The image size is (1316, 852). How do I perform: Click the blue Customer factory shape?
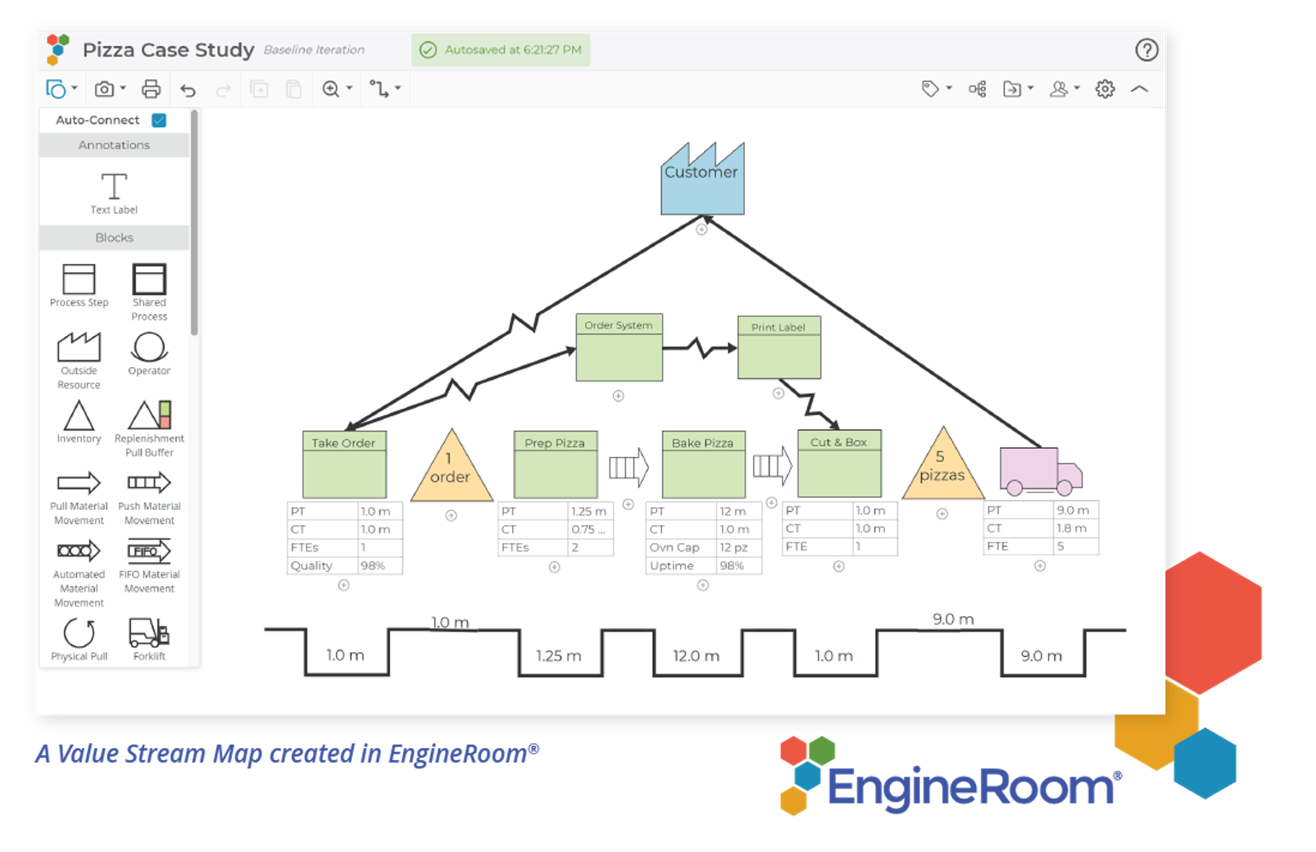tap(702, 182)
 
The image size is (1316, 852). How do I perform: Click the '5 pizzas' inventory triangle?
tap(942, 469)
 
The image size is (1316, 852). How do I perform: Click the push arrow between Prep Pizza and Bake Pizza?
tap(629, 468)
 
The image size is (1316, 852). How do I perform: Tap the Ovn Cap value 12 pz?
tap(734, 547)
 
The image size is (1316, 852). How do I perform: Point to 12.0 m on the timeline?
tap(696, 656)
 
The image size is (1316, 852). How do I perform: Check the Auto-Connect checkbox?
tap(159, 120)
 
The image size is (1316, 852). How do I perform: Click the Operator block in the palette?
tap(149, 353)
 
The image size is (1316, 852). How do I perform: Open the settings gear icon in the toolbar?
tap(1105, 89)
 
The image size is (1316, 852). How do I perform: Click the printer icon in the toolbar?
tap(151, 89)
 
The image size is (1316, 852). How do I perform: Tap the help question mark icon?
tap(1146, 51)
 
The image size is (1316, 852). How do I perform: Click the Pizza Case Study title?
tap(168, 50)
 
